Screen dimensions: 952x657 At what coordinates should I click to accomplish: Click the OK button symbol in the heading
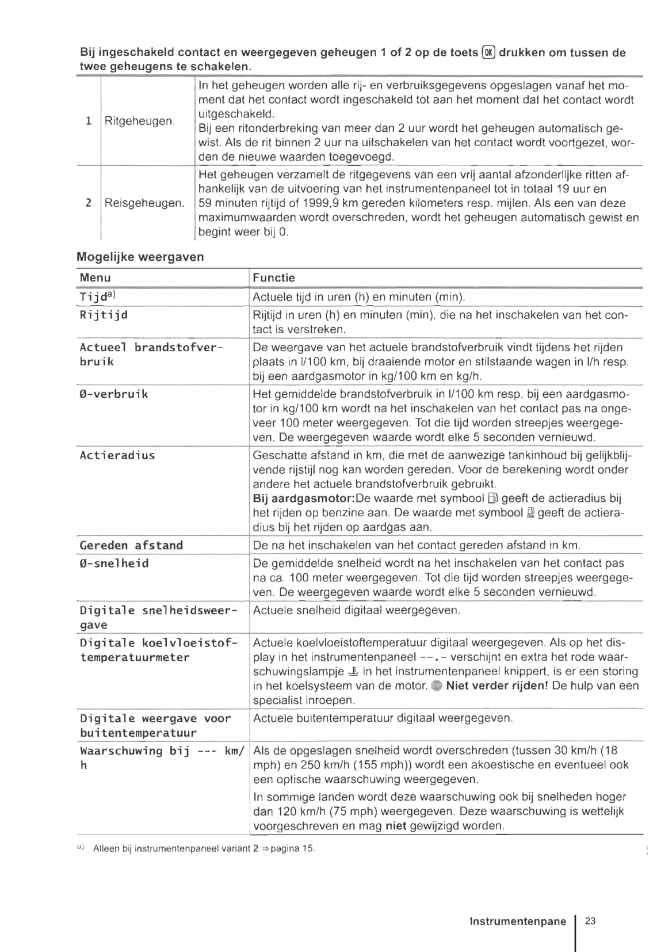tap(488, 52)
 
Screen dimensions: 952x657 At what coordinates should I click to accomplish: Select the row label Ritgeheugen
tap(139, 121)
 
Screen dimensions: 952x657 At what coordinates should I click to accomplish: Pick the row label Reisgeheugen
tap(144, 203)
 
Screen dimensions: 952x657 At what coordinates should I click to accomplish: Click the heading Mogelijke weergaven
tap(140, 257)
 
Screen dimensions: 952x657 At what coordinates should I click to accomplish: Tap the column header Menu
tap(96, 277)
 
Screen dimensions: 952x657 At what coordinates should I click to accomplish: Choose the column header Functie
tap(274, 277)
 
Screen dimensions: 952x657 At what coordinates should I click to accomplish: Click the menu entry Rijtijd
tap(104, 315)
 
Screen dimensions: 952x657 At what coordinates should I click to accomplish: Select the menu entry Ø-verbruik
tap(114, 394)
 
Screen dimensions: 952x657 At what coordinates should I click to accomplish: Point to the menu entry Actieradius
tap(117, 455)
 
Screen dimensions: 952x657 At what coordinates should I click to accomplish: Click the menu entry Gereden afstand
tap(131, 545)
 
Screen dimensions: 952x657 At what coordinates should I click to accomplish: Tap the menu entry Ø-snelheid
tap(114, 563)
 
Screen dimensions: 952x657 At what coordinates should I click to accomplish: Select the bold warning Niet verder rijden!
tap(497, 686)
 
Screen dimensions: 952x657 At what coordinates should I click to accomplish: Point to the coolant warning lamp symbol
tap(354, 671)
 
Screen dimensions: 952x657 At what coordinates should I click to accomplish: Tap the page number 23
tap(590, 921)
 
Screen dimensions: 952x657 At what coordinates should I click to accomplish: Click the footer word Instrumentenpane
tap(518, 921)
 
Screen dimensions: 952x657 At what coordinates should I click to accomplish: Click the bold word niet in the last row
tap(396, 826)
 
